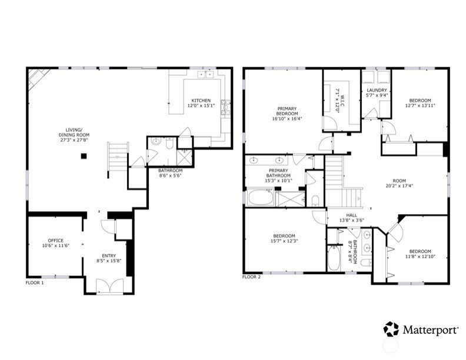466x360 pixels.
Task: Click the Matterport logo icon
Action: (x=391, y=329)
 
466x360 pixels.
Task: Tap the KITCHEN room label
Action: (x=201, y=101)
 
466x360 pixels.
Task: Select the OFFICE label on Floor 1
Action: (x=55, y=241)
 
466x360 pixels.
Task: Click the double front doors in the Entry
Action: (x=109, y=286)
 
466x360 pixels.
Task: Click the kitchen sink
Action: (x=206, y=74)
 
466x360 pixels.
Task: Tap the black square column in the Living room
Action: (x=84, y=156)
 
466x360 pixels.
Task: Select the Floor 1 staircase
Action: (x=118, y=158)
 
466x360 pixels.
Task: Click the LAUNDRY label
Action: (x=377, y=91)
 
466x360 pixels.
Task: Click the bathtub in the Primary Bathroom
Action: (x=261, y=197)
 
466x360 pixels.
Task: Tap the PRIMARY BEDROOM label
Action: (x=287, y=111)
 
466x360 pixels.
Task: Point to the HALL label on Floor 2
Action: (x=352, y=215)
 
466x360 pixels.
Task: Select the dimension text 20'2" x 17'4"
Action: (x=399, y=186)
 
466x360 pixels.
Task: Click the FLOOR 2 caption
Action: (x=251, y=277)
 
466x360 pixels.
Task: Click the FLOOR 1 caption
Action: (x=35, y=283)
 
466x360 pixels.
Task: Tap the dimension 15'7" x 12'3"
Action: (x=284, y=241)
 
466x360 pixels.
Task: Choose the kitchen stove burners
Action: (x=225, y=107)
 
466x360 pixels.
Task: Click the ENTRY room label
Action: (x=109, y=256)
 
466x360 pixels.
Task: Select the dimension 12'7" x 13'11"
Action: (x=420, y=105)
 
